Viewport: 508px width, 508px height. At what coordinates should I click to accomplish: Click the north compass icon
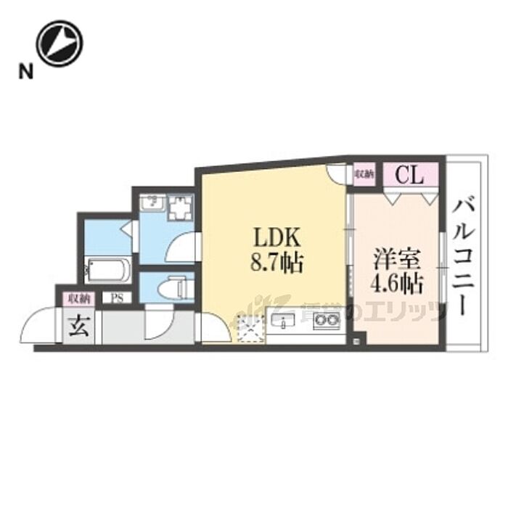pyautogui.click(x=60, y=43)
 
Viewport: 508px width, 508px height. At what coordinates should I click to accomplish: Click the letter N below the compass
pyautogui.click(x=26, y=71)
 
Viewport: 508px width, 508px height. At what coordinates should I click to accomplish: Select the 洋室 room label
pyautogui.click(x=396, y=259)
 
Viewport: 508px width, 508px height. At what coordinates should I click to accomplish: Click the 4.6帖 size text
pyautogui.click(x=396, y=283)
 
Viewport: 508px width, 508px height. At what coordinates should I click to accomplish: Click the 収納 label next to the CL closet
pyautogui.click(x=364, y=174)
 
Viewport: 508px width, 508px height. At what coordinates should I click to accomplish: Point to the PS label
pyautogui.click(x=116, y=298)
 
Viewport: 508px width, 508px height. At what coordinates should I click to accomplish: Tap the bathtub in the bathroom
pyautogui.click(x=107, y=271)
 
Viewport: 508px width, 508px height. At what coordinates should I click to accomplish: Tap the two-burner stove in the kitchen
pyautogui.click(x=327, y=320)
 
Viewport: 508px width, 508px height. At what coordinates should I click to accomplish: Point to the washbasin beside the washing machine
pyautogui.click(x=152, y=203)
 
